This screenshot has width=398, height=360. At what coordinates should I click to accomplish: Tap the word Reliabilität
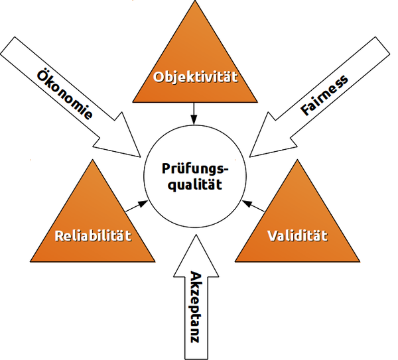pos(93,235)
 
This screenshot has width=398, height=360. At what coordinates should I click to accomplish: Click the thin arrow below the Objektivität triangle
pos(194,113)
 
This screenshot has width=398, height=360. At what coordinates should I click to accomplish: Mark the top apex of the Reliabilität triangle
pos(92,160)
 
